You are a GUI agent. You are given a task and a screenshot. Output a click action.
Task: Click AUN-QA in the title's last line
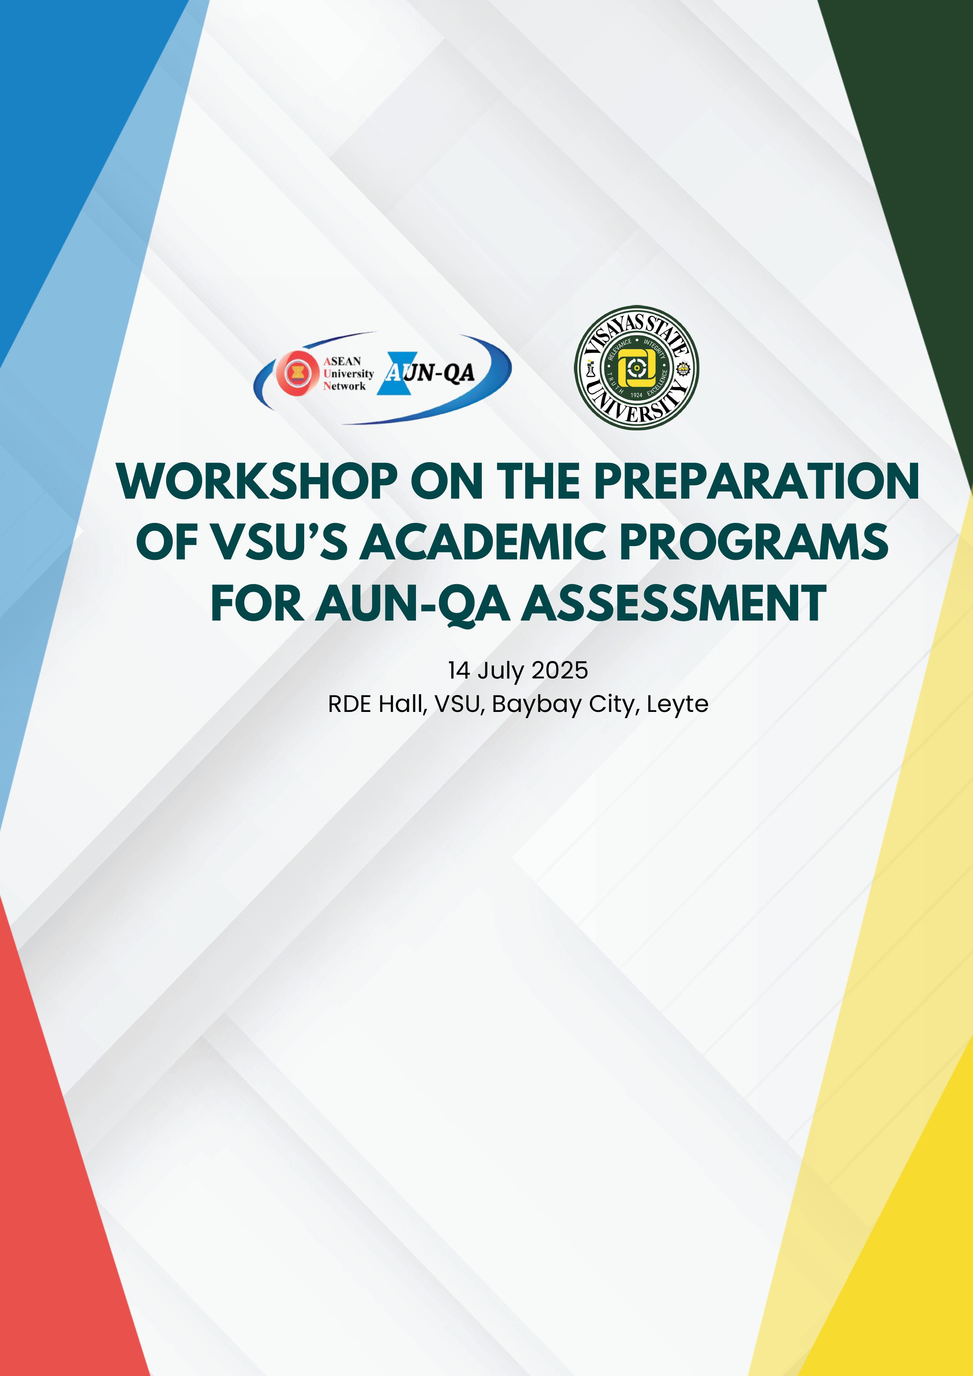pyautogui.click(x=413, y=604)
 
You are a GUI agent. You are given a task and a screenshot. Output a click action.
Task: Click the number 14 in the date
pyautogui.click(x=459, y=670)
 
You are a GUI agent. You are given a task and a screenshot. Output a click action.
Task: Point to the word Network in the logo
pyautogui.click(x=345, y=386)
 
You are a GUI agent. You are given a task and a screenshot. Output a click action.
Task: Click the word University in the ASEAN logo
pyautogui.click(x=348, y=373)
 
